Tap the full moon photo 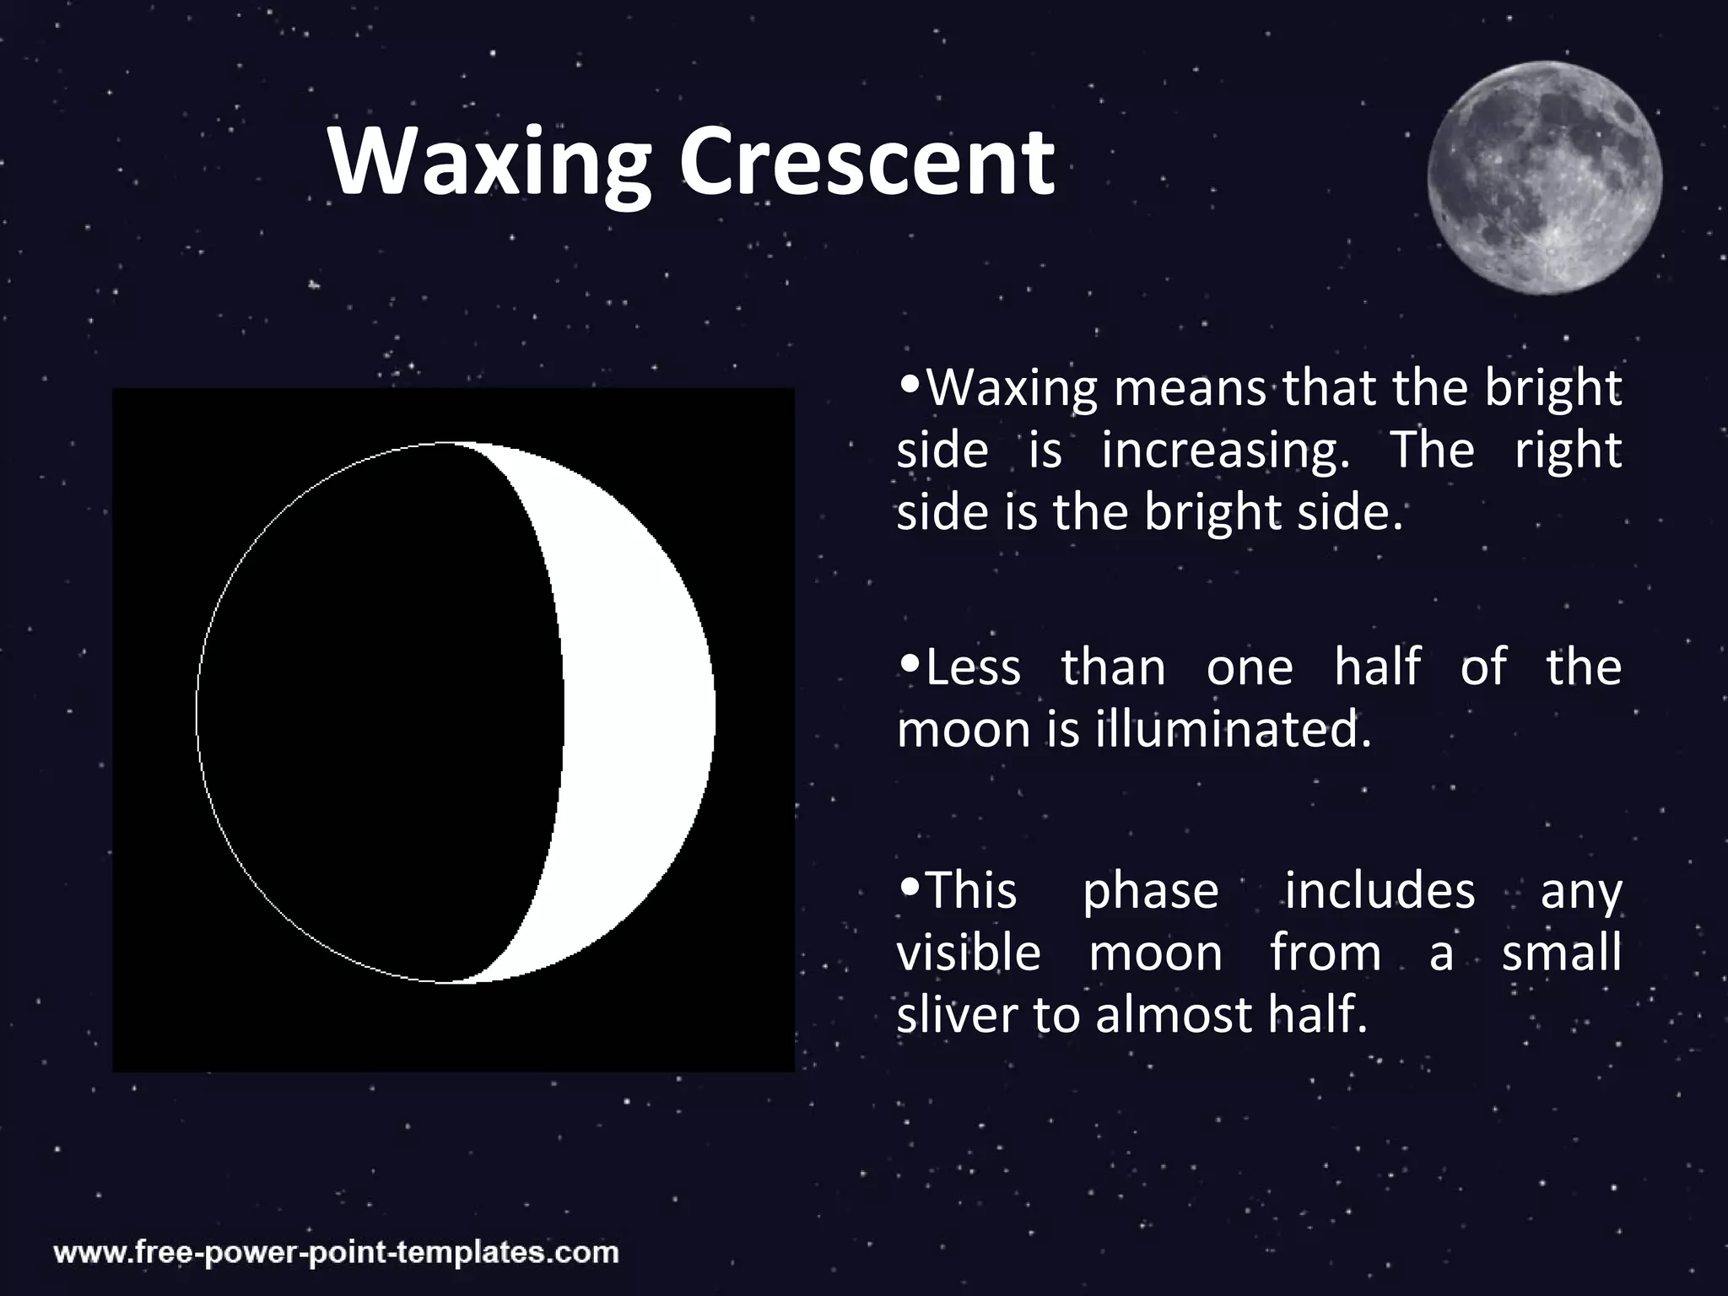(1544, 178)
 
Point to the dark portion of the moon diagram (380, 713)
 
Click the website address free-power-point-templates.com (337, 1252)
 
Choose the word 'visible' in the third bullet (968, 953)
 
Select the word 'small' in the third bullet (1561, 953)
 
